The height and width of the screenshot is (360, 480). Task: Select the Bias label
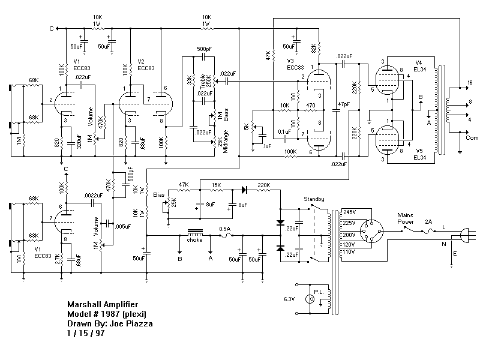tap(159, 195)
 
